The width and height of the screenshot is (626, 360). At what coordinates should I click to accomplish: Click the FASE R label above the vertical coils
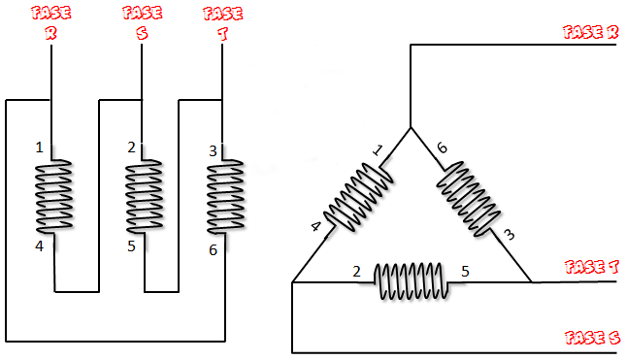[x=51, y=23]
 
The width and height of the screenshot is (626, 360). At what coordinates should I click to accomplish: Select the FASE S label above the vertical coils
[x=142, y=23]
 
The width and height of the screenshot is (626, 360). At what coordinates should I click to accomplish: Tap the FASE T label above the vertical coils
[x=223, y=23]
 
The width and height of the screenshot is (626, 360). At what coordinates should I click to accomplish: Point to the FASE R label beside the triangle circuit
[x=590, y=32]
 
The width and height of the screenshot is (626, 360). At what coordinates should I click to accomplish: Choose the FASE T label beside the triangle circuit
[x=592, y=267]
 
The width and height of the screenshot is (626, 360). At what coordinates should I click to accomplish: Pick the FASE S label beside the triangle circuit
[x=592, y=338]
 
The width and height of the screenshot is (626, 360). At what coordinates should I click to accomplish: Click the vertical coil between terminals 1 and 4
[x=54, y=196]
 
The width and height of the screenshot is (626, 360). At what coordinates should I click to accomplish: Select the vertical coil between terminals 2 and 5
[x=144, y=196]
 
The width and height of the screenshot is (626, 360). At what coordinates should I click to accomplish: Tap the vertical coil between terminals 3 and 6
[x=225, y=197]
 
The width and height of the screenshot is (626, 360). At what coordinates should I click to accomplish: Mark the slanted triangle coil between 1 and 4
[x=358, y=197]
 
